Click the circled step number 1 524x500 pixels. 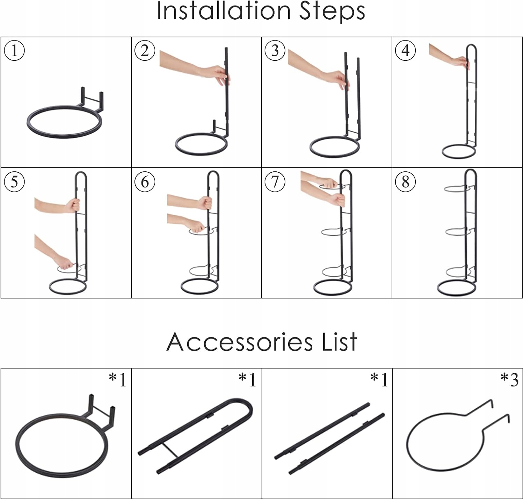[x=14, y=50]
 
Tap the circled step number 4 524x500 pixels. [x=405, y=50]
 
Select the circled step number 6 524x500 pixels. [x=145, y=182]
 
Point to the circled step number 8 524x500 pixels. [x=405, y=182]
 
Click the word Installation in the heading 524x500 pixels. [x=224, y=11]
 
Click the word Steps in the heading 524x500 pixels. [x=332, y=12]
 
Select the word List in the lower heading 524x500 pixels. [x=340, y=342]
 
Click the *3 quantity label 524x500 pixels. [x=509, y=380]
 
